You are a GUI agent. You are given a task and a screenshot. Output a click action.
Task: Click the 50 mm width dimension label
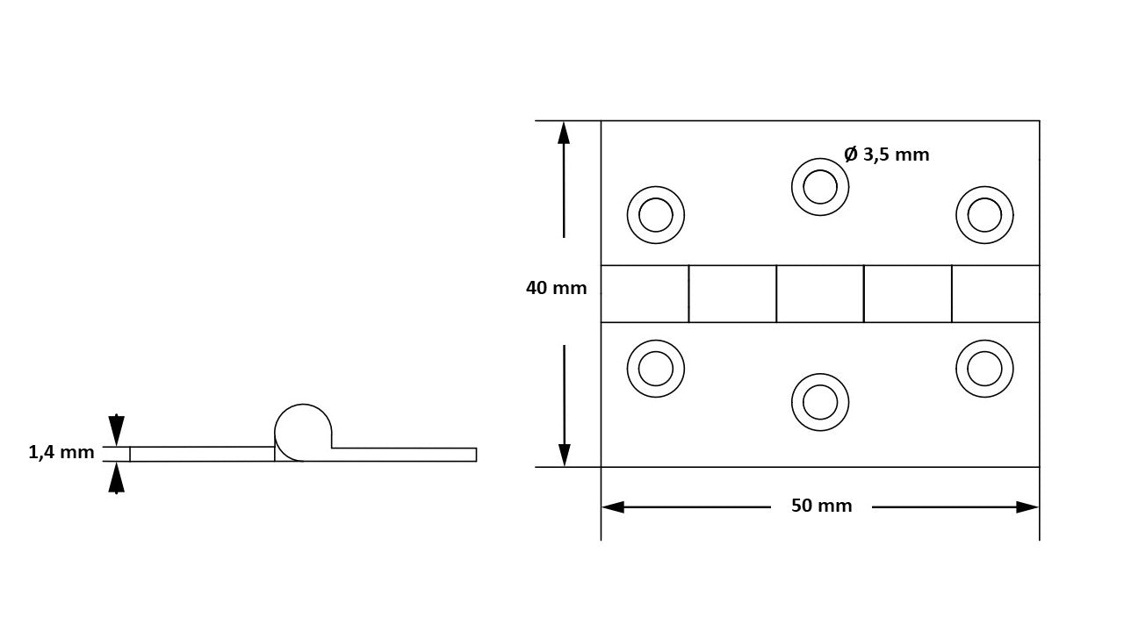point(821,506)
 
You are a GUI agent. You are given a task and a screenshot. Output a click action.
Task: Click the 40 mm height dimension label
point(556,288)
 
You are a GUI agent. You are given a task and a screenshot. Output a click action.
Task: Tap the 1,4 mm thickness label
point(61,452)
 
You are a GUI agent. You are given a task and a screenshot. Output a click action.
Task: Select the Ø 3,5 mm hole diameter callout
point(887,154)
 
